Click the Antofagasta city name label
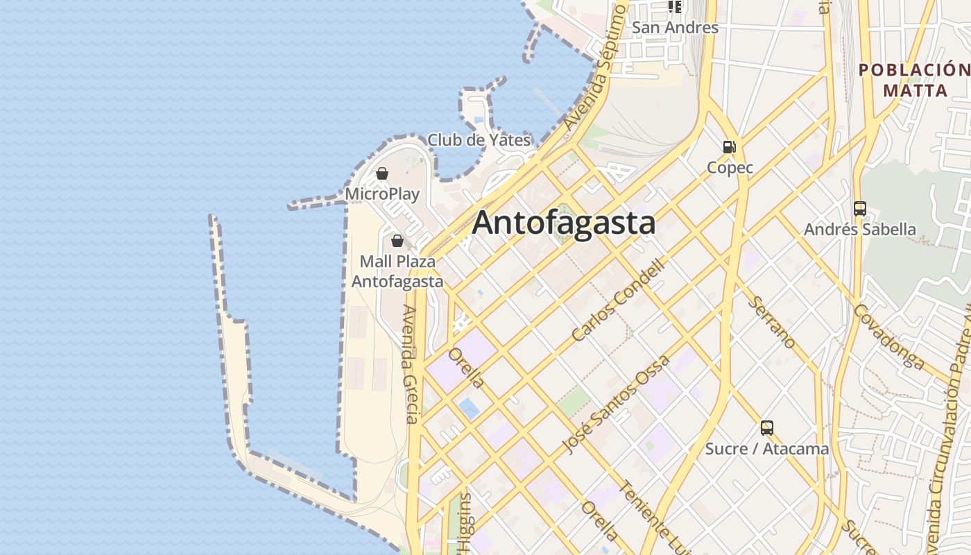563,223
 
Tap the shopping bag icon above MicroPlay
381,173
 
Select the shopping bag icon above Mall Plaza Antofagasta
397,241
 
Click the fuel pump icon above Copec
729,146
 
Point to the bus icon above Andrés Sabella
859,208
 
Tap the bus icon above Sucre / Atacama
766,427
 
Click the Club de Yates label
479,140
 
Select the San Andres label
675,28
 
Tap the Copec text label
730,168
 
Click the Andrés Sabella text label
859,229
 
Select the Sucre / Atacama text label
766,449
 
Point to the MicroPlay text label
382,194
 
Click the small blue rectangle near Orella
469,408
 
